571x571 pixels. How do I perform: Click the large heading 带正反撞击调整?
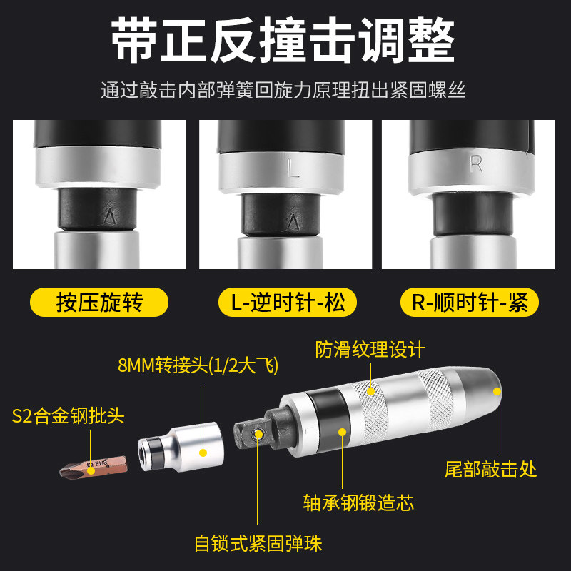coord(283,40)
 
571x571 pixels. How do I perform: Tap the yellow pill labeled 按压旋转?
coord(99,302)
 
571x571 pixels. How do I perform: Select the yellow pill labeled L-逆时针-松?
coord(288,302)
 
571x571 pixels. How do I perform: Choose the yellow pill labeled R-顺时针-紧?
coord(470,302)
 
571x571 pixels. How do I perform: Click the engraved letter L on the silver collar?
coord(293,168)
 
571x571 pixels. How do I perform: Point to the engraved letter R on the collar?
coord(476,164)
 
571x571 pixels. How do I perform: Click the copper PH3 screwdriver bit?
coord(94,468)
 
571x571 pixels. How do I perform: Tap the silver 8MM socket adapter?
coord(181,447)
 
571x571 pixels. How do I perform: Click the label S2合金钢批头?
coord(68,416)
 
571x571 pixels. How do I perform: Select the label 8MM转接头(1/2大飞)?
coord(198,365)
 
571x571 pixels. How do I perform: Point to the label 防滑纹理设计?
coord(370,350)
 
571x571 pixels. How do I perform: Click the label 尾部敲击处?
coord(490,469)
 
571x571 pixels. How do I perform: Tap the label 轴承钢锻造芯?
coord(359,503)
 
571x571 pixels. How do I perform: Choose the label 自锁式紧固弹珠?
coord(258,544)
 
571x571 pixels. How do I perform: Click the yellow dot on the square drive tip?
coord(258,434)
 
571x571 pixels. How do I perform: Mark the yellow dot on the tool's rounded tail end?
coord(497,391)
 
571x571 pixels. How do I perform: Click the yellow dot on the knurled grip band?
coord(370,391)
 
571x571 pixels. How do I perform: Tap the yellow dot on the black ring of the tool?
coord(342,433)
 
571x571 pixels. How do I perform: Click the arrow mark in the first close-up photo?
coord(110,216)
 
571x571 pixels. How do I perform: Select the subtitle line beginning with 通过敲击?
coord(283,90)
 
